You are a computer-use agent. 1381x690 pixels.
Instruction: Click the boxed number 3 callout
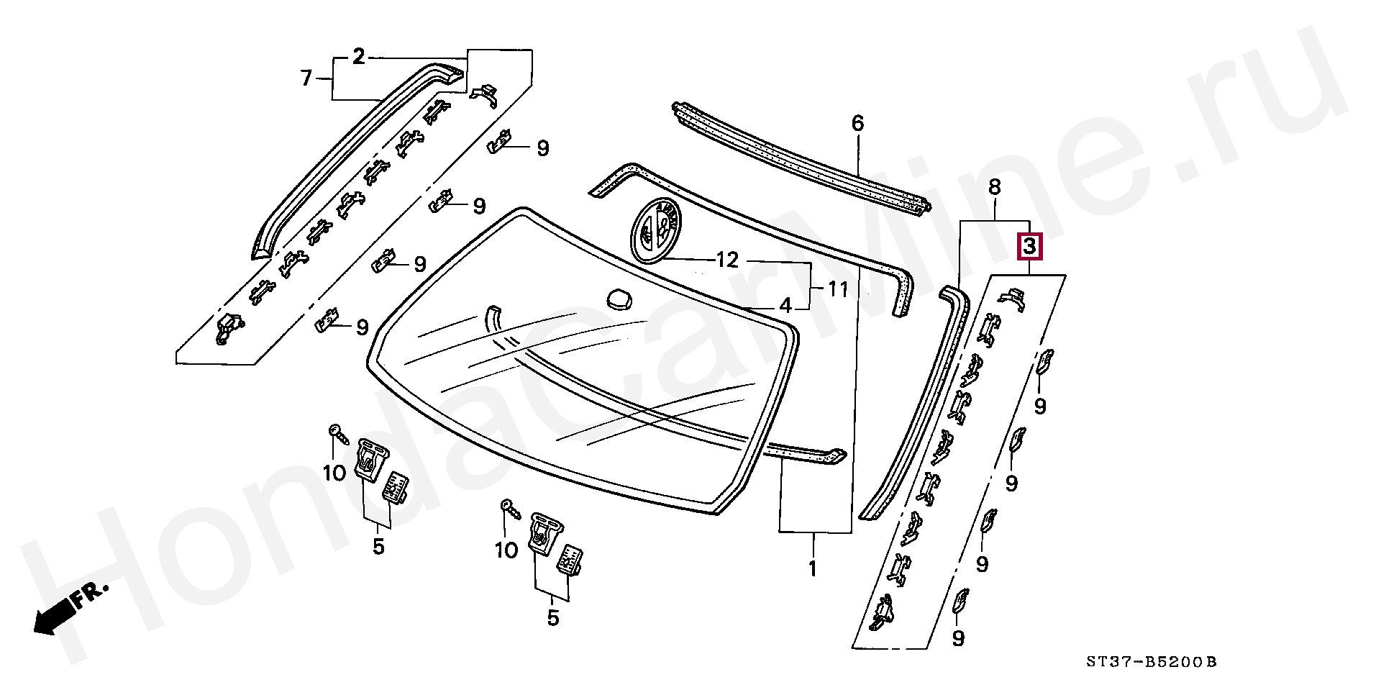click(1029, 248)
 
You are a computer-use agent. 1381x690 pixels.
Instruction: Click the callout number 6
click(857, 124)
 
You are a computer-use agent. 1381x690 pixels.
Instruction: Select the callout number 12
click(727, 260)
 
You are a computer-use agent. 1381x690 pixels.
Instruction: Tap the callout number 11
click(837, 290)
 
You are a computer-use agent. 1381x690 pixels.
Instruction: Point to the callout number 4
click(785, 305)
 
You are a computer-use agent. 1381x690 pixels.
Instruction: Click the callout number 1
click(812, 568)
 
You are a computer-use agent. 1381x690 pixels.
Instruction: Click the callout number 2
click(359, 57)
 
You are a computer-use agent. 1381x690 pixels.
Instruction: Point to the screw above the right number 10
click(509, 506)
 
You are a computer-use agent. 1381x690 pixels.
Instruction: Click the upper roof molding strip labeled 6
click(798, 155)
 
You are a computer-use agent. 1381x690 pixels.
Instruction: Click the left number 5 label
click(378, 547)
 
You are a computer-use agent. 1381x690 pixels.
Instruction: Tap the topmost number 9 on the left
click(542, 149)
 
